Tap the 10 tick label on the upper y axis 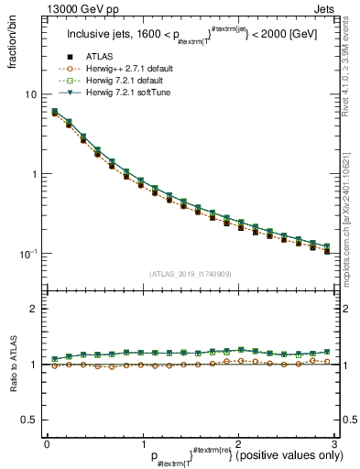[x=31, y=95]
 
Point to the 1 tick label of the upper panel [x=34, y=174]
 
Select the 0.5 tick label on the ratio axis [x=29, y=420]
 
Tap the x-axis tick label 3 [x=334, y=443]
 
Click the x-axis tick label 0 [x=47, y=443]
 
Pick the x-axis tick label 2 [x=238, y=443]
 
